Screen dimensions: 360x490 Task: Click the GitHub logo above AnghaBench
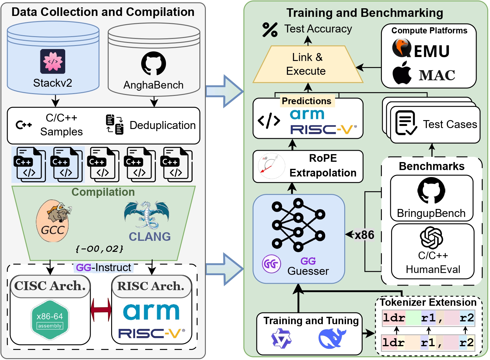tap(153, 63)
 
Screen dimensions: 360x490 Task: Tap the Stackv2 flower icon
tap(53, 61)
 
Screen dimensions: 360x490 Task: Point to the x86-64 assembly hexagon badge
tap(50, 320)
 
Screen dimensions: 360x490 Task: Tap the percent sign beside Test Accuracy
tap(270, 30)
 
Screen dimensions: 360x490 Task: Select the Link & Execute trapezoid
tap(307, 64)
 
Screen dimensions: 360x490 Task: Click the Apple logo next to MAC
tap(402, 73)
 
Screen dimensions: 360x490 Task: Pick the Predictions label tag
tap(307, 101)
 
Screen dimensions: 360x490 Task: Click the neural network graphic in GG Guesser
tap(298, 224)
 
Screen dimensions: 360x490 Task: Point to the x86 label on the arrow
tap(364, 235)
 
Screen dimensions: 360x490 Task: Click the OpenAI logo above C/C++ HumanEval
tap(432, 237)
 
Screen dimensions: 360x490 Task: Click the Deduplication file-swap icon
tap(115, 124)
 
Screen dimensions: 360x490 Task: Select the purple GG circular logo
tap(271, 263)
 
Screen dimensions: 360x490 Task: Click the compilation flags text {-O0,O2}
tap(100, 248)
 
